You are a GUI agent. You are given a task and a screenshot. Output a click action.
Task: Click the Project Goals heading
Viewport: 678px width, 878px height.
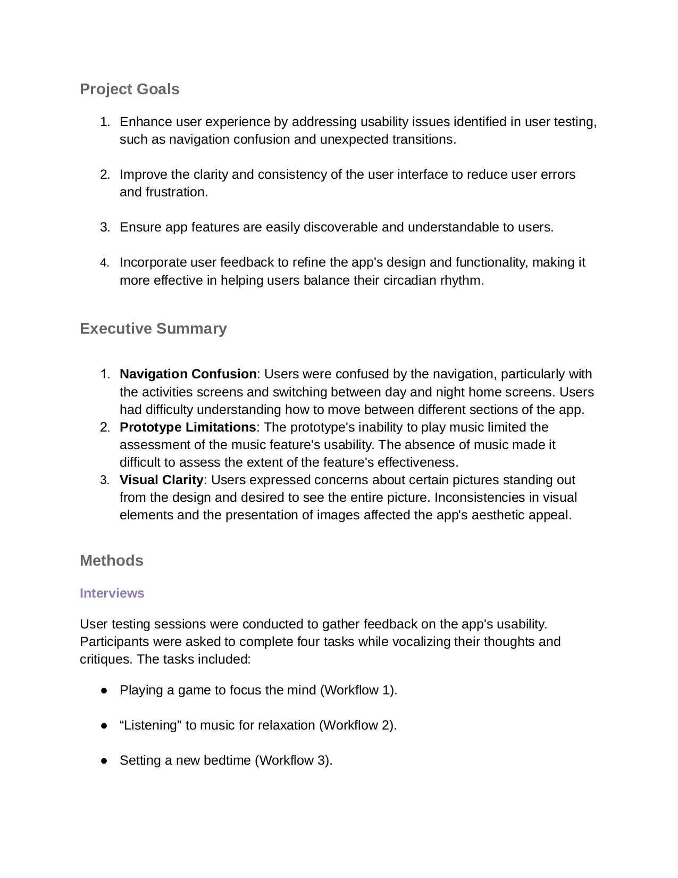pyautogui.click(x=130, y=89)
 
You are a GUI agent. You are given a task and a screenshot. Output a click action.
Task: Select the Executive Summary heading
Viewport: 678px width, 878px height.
pyautogui.click(x=153, y=328)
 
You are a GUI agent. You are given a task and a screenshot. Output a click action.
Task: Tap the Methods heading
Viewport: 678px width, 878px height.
pyautogui.click(x=112, y=560)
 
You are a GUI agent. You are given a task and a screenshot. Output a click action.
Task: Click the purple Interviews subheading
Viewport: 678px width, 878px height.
pyautogui.click(x=112, y=593)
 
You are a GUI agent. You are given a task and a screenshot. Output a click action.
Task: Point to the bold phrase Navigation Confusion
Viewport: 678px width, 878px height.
pyautogui.click(x=188, y=374)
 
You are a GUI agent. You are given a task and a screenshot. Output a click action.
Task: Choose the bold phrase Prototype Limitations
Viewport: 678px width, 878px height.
pyautogui.click(x=188, y=427)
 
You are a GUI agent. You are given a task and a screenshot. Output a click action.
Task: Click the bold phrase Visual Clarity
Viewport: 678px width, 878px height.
pyautogui.click(x=161, y=480)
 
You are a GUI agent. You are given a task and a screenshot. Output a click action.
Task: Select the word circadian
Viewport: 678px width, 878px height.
pyautogui.click(x=409, y=280)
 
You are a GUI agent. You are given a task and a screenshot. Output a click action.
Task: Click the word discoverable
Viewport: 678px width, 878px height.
pyautogui.click(x=341, y=227)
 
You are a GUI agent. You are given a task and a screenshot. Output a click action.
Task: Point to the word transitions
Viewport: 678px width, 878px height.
pyautogui.click(x=424, y=139)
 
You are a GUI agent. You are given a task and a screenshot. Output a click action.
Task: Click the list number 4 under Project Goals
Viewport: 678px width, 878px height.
pyautogui.click(x=104, y=263)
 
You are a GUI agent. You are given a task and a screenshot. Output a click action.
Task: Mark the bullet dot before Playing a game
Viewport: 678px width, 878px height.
pyautogui.click(x=104, y=690)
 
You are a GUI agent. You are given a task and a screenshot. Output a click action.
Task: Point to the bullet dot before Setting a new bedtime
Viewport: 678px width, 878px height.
pyautogui.click(x=104, y=760)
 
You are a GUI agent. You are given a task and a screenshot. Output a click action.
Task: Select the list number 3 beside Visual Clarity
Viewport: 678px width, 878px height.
pyautogui.click(x=104, y=481)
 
